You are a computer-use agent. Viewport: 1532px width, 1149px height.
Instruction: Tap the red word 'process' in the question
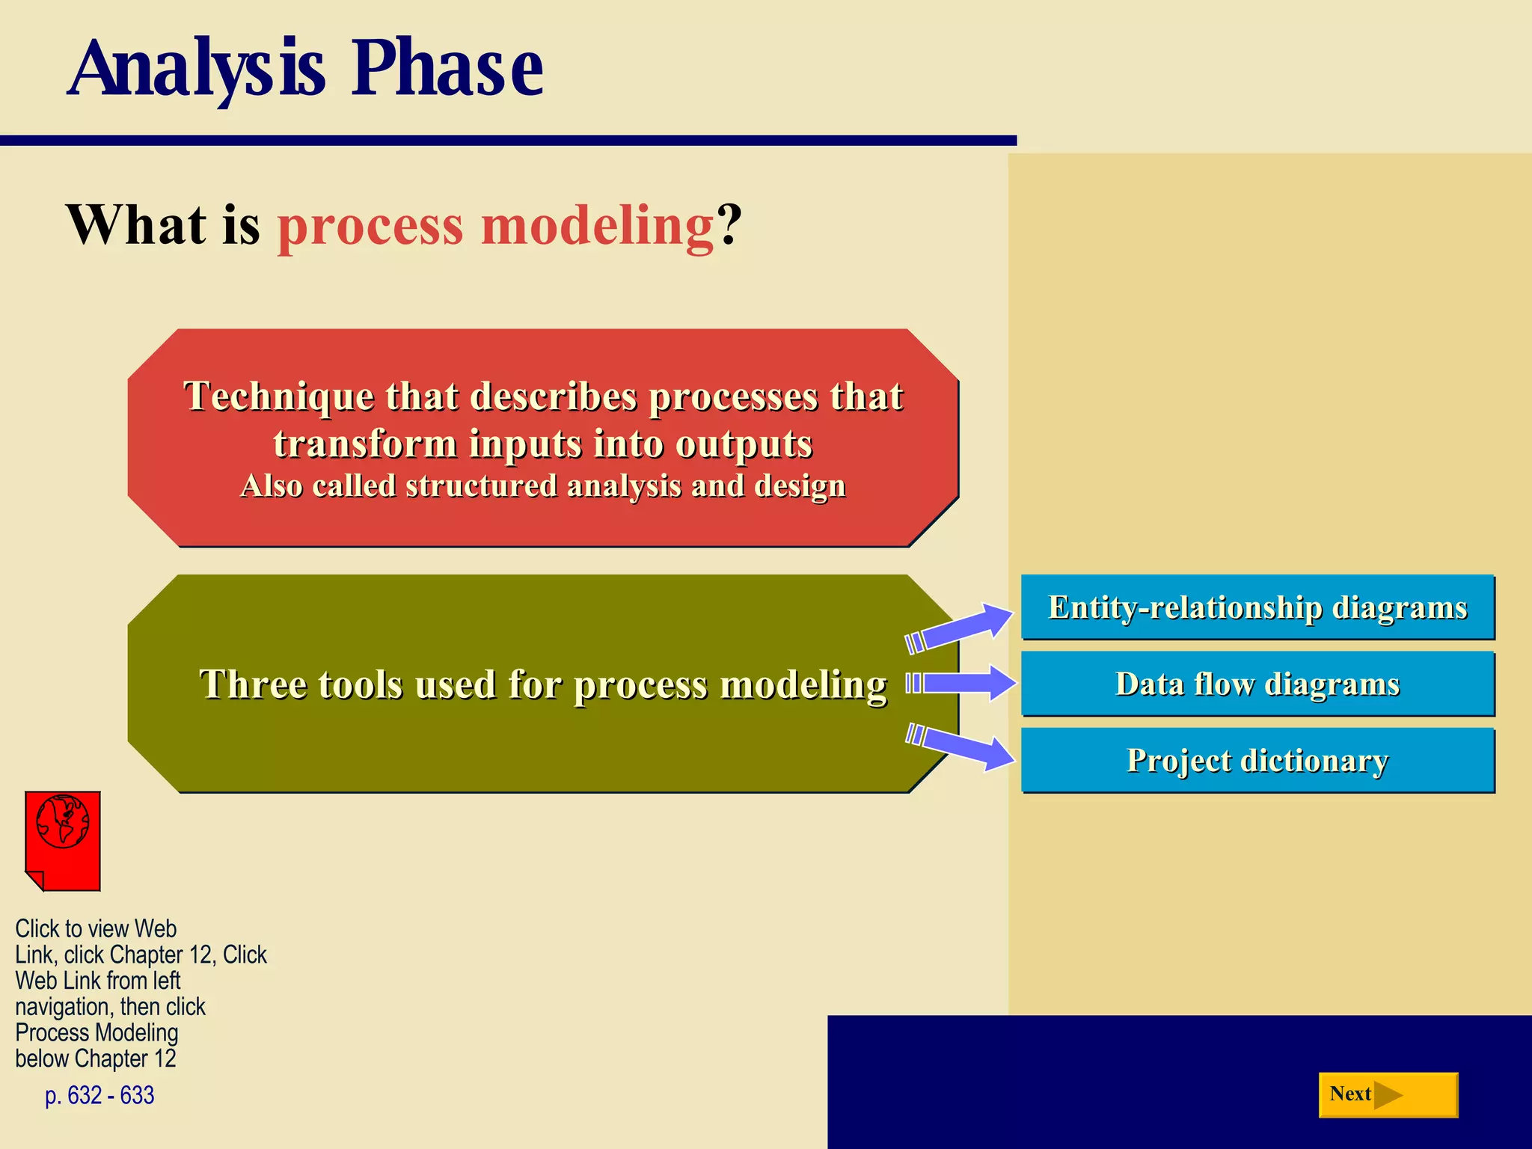[x=370, y=226]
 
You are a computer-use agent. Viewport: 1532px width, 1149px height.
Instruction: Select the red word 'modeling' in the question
[x=597, y=226]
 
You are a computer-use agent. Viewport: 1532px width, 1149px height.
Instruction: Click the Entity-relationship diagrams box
[x=1257, y=607]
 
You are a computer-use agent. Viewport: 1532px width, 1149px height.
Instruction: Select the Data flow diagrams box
[x=1257, y=684]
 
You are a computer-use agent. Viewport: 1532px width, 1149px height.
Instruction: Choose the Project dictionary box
[x=1257, y=761]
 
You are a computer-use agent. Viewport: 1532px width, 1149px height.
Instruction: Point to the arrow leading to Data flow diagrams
[x=961, y=683]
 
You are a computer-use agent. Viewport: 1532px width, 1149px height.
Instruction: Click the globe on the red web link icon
[x=63, y=821]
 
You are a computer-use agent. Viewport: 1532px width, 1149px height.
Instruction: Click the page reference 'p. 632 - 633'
[x=99, y=1095]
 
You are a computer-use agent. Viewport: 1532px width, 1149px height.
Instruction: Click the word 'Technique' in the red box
[x=278, y=396]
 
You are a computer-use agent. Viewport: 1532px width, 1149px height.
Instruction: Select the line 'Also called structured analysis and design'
[x=543, y=486]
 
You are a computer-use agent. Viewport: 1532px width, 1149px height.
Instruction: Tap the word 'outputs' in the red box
[x=744, y=444]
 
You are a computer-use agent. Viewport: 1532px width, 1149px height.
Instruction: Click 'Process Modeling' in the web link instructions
[x=96, y=1033]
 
